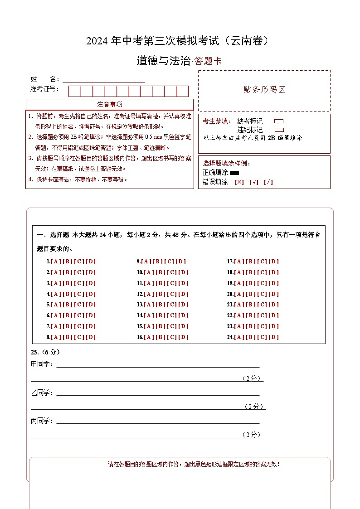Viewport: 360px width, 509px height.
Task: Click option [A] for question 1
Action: tap(56, 262)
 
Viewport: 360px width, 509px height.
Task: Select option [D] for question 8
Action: tap(91, 337)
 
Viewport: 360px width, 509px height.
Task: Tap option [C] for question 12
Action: tap(172, 294)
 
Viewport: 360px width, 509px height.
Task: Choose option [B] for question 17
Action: tap(251, 262)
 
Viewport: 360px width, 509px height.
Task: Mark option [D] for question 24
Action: tap(274, 337)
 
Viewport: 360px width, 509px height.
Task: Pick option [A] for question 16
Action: tap(149, 337)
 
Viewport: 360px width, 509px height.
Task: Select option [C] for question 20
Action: tap(263, 294)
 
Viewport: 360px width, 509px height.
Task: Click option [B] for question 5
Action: tap(68, 305)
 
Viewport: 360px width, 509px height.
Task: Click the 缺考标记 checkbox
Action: tap(279, 121)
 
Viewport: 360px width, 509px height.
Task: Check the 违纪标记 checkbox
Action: tap(279, 130)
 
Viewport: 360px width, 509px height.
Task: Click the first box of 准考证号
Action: tap(74, 91)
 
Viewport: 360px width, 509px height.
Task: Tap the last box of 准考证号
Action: tap(182, 91)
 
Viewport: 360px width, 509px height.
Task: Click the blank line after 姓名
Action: tap(104, 80)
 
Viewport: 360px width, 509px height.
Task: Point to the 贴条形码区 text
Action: tap(264, 90)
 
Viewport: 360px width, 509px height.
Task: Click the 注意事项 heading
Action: tap(110, 104)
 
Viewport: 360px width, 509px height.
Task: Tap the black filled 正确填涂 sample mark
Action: tap(234, 173)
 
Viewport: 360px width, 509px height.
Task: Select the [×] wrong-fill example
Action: tap(239, 182)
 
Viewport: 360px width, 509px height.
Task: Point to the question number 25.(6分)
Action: tap(45, 352)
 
